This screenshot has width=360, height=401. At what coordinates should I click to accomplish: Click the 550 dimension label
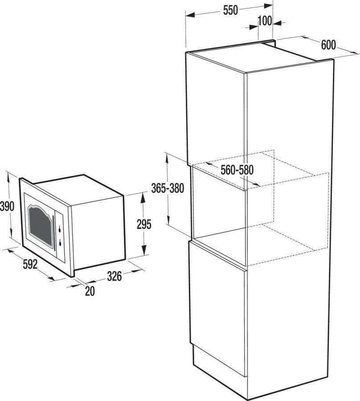click(230, 11)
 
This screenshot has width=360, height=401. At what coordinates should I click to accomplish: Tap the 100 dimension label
click(265, 21)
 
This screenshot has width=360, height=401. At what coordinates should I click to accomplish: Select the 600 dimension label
click(328, 45)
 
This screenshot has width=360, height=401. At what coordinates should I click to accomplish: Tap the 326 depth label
click(114, 276)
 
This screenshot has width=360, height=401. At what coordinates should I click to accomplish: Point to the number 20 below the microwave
click(90, 291)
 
